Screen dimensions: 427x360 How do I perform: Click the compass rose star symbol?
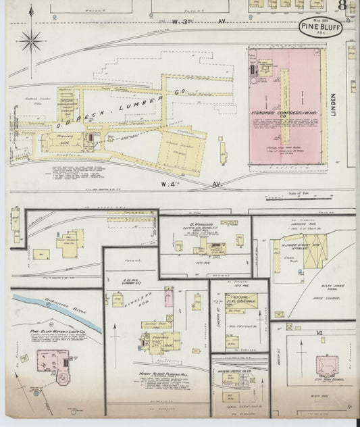click(31, 42)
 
